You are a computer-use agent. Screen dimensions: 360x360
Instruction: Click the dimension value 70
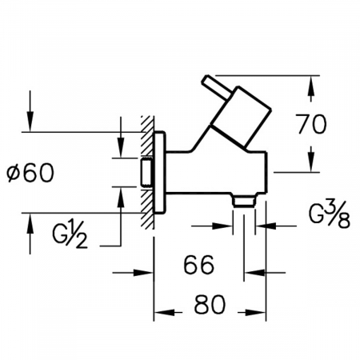point(312,124)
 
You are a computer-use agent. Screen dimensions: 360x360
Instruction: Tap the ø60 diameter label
point(30,173)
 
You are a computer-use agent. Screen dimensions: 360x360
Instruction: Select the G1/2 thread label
point(70,234)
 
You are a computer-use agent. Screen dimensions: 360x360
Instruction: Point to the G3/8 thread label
point(330,214)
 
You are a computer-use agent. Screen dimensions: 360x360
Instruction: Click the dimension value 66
point(199,265)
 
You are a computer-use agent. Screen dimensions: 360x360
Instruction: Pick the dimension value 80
point(210,304)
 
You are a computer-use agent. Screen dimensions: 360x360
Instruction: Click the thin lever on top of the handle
point(215,86)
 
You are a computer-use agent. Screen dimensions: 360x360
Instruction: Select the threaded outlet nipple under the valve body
point(244,201)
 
